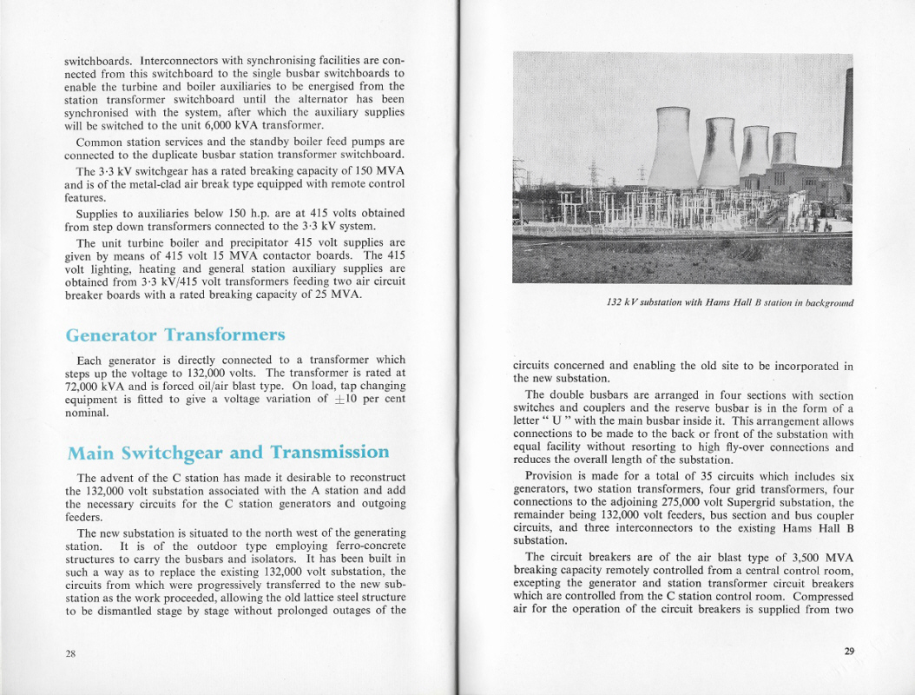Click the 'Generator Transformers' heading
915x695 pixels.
[174, 334]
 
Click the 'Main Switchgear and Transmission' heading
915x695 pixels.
[227, 452]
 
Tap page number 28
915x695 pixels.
[70, 654]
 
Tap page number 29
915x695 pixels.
[848, 652]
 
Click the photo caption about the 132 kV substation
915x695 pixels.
[729, 302]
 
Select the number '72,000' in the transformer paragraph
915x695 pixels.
[84, 386]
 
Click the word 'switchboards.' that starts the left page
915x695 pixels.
[98, 61]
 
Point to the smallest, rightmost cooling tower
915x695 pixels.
[784, 148]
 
